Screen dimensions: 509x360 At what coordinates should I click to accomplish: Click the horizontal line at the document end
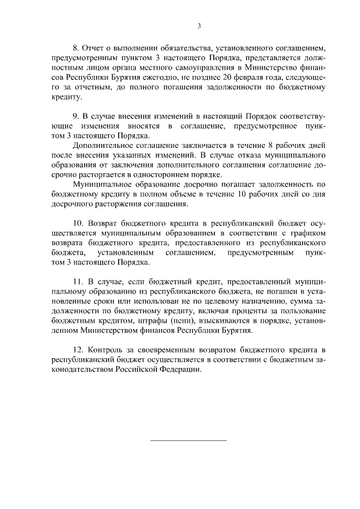188,440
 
